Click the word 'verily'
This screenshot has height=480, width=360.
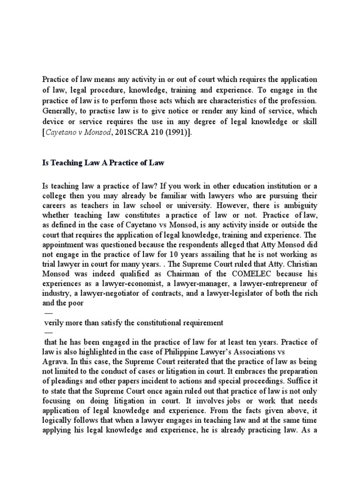click(x=52, y=322)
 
